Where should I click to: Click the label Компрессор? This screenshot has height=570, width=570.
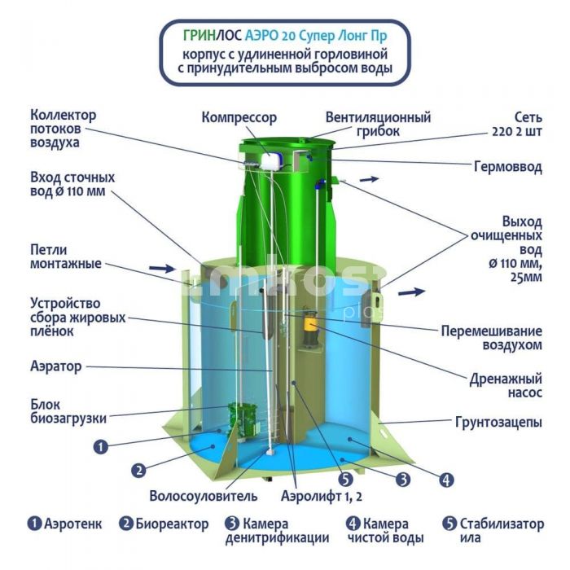pyautogui.click(x=239, y=118)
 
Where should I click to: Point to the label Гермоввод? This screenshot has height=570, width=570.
pyautogui.click(x=508, y=167)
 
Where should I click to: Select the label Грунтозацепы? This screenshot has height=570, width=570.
pyautogui.click(x=498, y=423)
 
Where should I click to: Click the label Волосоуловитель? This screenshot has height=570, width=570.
pyautogui.click(x=204, y=496)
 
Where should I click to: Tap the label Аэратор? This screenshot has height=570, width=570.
pyautogui.click(x=56, y=366)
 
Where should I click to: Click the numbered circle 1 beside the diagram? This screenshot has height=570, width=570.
pyautogui.click(x=101, y=446)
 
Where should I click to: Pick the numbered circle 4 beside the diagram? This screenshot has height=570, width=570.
pyautogui.click(x=446, y=480)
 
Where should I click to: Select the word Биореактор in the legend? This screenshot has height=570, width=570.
pyautogui.click(x=172, y=524)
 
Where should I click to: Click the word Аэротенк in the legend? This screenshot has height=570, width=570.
pyautogui.click(x=73, y=524)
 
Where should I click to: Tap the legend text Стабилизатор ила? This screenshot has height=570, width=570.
pyautogui.click(x=502, y=531)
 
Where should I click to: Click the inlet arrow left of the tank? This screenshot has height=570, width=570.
pyautogui.click(x=162, y=269)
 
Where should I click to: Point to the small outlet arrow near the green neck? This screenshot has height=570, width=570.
pyautogui.click(x=370, y=179)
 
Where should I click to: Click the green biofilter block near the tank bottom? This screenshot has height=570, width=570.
pyautogui.click(x=242, y=420)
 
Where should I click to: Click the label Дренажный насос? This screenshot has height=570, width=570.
pyautogui.click(x=506, y=386)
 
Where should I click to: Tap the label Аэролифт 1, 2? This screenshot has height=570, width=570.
pyautogui.click(x=322, y=496)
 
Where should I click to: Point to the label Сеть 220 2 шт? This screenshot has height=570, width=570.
pyautogui.click(x=517, y=125)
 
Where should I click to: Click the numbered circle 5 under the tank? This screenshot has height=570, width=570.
pyautogui.click(x=346, y=480)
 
